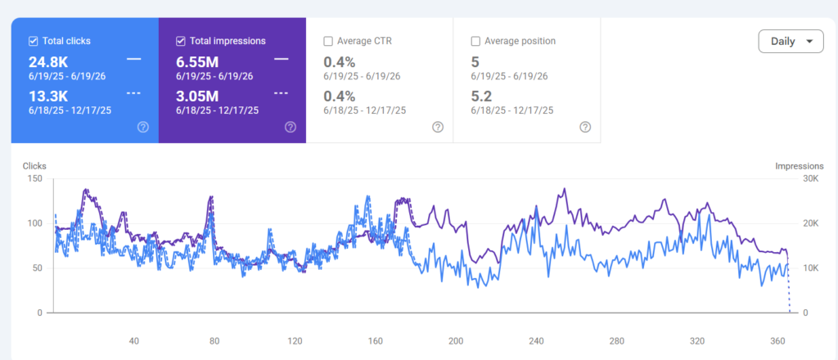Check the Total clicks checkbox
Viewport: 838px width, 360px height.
click(33, 41)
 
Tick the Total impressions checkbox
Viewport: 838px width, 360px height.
click(181, 41)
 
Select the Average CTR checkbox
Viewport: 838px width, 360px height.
click(328, 41)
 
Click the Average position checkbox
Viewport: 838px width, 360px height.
click(475, 41)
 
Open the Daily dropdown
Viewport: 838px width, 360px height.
click(791, 41)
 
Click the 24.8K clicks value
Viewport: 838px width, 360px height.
click(48, 61)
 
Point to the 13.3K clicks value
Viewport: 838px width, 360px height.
click(47, 97)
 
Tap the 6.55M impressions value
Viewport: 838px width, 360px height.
click(197, 61)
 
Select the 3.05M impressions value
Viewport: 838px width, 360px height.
click(197, 97)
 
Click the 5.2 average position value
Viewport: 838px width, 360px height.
click(481, 97)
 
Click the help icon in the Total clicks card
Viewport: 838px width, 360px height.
click(142, 127)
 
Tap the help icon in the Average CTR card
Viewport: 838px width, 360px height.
click(438, 127)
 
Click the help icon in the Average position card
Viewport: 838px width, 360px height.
click(585, 127)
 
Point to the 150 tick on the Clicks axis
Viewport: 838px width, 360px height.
click(35, 178)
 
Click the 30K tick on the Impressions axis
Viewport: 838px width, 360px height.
click(811, 178)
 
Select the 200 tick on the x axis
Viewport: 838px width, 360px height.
click(456, 341)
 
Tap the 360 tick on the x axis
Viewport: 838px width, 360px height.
click(778, 341)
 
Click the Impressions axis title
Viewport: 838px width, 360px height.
click(799, 166)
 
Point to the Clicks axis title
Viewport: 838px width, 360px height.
click(34, 166)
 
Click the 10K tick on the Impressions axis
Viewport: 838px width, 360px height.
click(811, 268)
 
